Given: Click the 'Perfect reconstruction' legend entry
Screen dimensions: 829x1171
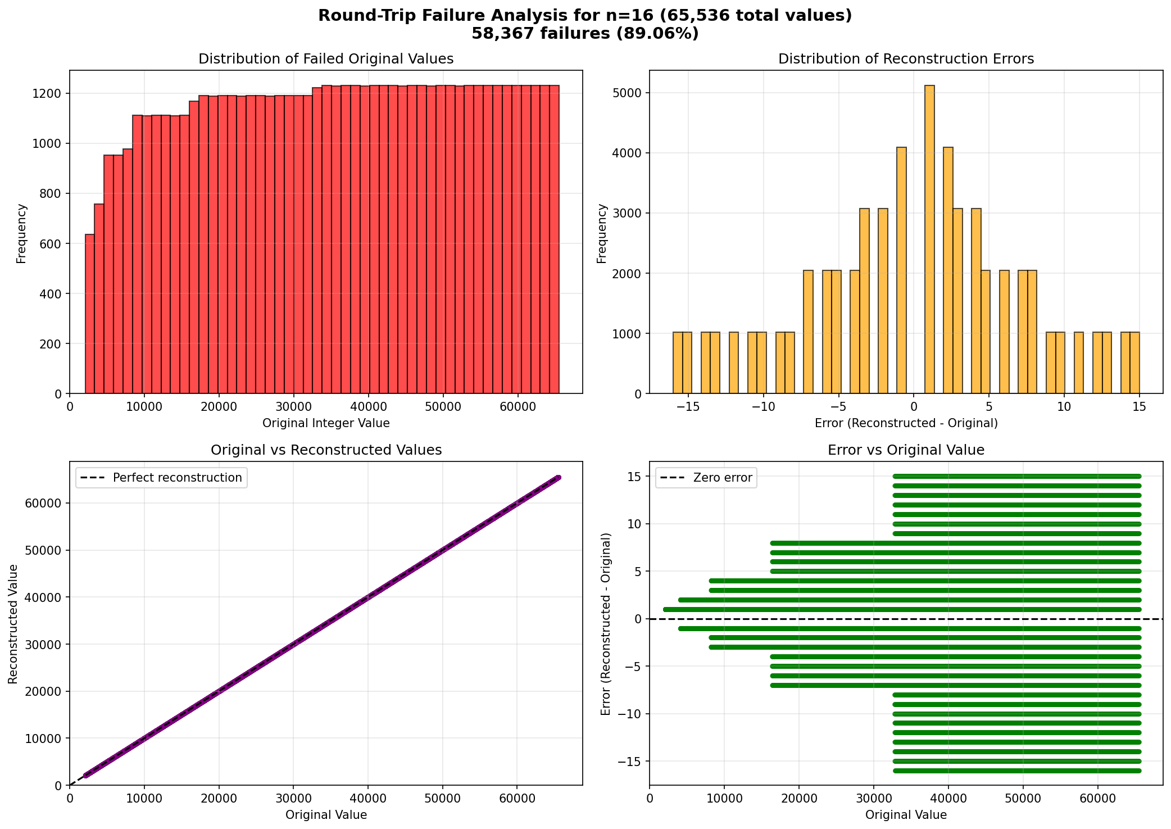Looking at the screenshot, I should (x=161, y=478).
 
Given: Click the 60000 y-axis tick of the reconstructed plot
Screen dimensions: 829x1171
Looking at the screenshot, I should (x=44, y=504).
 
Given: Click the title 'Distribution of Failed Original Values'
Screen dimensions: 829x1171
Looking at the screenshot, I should (x=326, y=59).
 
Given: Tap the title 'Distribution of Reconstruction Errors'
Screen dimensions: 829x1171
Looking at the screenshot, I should (x=906, y=59).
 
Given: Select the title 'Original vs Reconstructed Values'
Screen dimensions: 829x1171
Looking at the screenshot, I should (x=326, y=450).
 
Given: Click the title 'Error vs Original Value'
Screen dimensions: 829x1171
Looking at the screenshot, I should (x=906, y=450).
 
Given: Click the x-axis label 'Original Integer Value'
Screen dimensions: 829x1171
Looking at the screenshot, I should (x=326, y=423).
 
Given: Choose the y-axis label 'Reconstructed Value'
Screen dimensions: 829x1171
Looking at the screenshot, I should (x=13, y=624).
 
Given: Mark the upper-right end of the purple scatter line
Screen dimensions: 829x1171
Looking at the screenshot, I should (x=558, y=478).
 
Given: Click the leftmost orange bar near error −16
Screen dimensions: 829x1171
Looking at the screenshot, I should (x=678, y=363).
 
